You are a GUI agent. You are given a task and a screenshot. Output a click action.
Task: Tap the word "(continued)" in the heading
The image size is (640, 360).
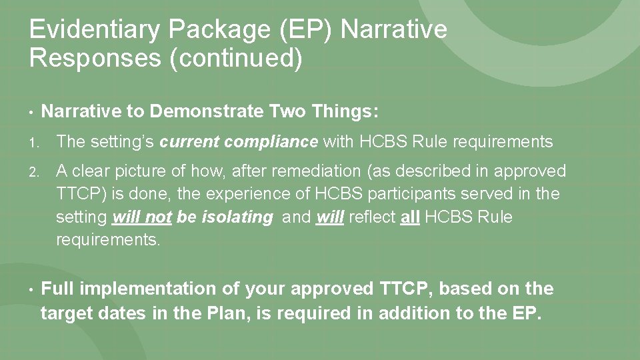237,59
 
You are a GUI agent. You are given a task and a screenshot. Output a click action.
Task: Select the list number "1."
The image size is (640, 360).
35,142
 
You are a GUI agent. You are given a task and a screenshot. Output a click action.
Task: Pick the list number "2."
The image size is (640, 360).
35,172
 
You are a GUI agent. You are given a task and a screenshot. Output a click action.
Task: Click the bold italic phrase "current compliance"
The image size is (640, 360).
239,142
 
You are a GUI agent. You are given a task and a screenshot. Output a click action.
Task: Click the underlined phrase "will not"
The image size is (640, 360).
143,217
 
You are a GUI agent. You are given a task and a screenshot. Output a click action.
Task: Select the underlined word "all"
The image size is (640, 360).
409,217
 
